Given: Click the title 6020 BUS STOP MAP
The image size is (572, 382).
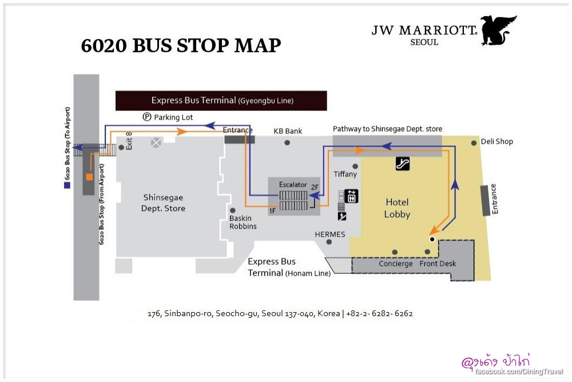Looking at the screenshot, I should (181, 46).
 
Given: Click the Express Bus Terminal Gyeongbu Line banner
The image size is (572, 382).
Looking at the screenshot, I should (221, 101).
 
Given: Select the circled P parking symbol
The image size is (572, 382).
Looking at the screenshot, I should (146, 117).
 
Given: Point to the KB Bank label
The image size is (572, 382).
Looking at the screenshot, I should (288, 131).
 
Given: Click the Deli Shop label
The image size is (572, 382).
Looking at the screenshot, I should (496, 141).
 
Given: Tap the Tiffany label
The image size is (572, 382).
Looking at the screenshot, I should (345, 174).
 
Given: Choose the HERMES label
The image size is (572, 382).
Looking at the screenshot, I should (330, 234).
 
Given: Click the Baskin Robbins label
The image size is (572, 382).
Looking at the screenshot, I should (243, 222).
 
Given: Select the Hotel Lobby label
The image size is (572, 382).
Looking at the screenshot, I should (397, 208).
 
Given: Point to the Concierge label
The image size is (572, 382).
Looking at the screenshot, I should (395, 264).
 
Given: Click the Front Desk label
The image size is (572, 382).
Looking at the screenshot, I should (438, 264).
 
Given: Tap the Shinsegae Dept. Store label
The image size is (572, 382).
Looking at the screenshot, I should (163, 203).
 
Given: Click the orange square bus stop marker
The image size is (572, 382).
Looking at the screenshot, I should (89, 177).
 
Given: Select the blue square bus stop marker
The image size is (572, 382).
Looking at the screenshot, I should (67, 185).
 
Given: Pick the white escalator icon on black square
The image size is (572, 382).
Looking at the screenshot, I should (403, 164).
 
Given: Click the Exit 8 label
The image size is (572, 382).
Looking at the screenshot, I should (129, 141).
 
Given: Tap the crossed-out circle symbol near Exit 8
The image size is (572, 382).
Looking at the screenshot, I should (156, 142).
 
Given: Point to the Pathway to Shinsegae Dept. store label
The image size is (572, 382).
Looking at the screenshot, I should (387, 129).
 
